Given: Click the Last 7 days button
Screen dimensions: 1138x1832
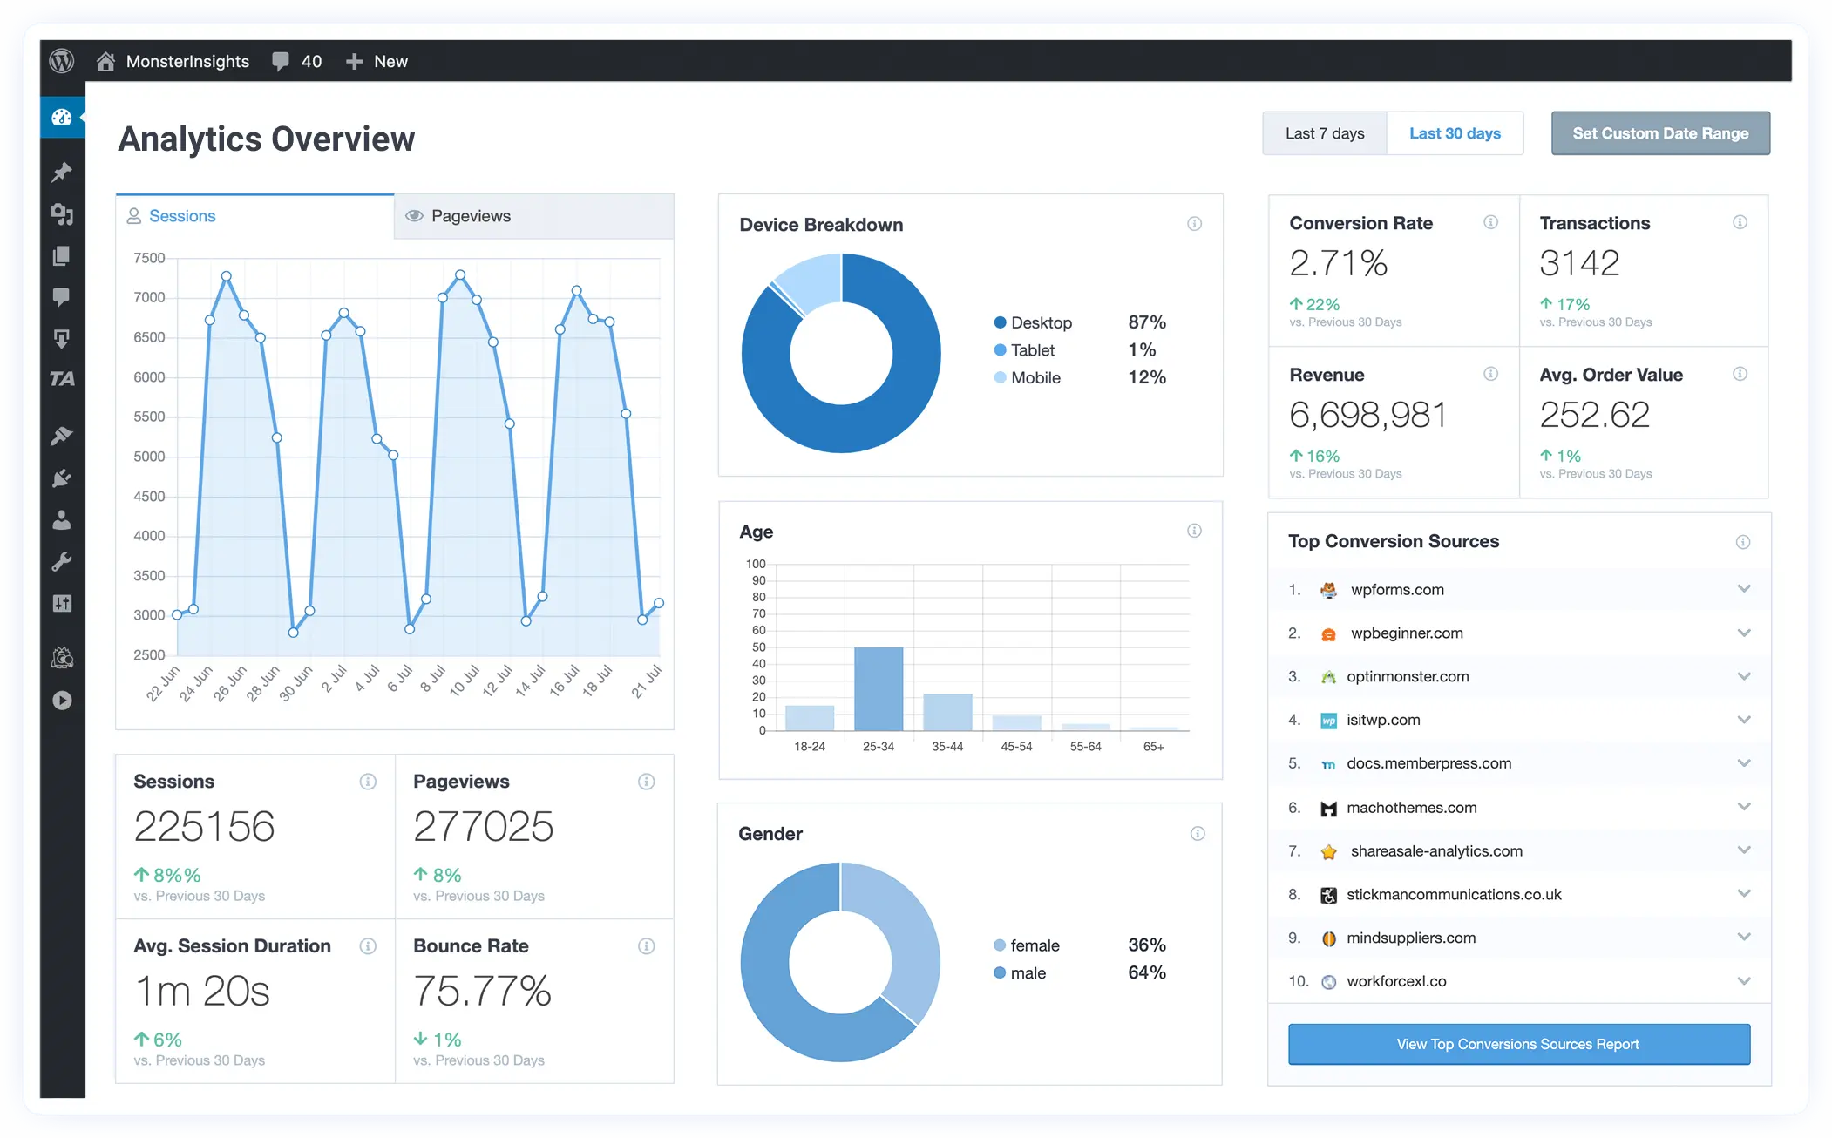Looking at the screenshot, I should click(1324, 133).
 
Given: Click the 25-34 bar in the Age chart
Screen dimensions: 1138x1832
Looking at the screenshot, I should click(878, 688).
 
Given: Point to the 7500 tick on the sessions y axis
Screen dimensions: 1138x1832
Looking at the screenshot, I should click(149, 258).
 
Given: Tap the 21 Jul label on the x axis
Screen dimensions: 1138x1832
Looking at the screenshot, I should click(647, 681).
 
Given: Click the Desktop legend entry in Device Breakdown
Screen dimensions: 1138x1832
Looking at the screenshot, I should click(1041, 322).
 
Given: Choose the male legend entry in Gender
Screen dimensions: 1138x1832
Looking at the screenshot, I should click(1027, 973).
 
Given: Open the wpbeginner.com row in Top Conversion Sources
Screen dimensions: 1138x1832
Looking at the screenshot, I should click(1406, 633).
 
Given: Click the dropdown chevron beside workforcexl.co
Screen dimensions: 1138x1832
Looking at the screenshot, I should click(1743, 981).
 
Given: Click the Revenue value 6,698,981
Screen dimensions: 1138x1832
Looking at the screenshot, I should click(1367, 415).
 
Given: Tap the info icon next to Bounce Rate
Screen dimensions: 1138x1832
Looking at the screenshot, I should click(646, 946).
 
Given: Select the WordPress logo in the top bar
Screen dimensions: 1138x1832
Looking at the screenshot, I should click(62, 61).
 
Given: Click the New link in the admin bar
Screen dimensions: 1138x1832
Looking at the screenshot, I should click(390, 61).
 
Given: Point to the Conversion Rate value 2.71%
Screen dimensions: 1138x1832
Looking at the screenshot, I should click(1338, 263).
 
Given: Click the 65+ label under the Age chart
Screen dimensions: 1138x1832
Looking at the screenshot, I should click(1153, 747).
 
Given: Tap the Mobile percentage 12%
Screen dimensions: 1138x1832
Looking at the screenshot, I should click(1146, 377).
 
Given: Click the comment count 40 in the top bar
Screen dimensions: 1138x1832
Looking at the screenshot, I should click(310, 61).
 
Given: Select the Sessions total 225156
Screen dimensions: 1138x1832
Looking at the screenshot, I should click(204, 826).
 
